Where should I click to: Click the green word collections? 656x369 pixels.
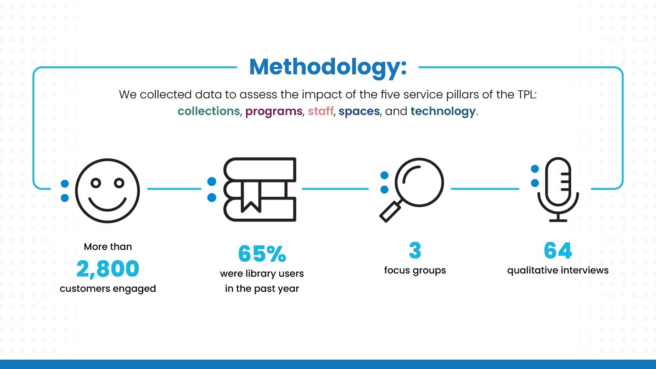pyautogui.click(x=209, y=111)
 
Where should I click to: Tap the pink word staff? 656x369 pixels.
pyautogui.click(x=320, y=111)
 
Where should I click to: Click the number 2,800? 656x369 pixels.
pyautogui.click(x=108, y=269)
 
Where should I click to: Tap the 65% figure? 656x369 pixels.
pyautogui.click(x=262, y=254)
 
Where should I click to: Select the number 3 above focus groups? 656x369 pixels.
pyautogui.click(x=415, y=251)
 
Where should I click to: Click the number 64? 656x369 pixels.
pyautogui.click(x=558, y=251)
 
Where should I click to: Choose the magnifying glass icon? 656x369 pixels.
pyautogui.click(x=412, y=190)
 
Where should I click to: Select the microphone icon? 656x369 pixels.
pyautogui.click(x=558, y=189)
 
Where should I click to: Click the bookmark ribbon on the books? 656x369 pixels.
pyautogui.click(x=251, y=196)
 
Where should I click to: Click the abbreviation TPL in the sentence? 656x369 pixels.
pyautogui.click(x=527, y=95)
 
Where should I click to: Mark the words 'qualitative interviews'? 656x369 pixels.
pyautogui.click(x=558, y=270)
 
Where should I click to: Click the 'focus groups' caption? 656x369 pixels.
pyautogui.click(x=415, y=270)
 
